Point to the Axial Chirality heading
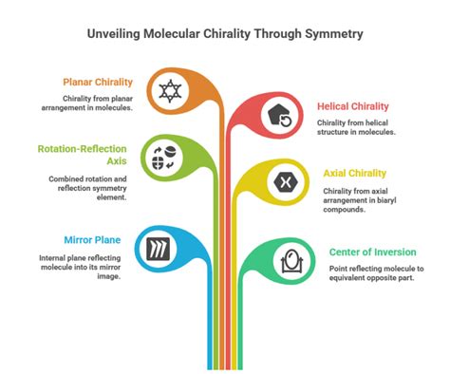[x=355, y=173]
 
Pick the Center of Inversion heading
[x=372, y=252]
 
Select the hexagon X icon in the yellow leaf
[x=282, y=182]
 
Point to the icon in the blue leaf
[x=158, y=250]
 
